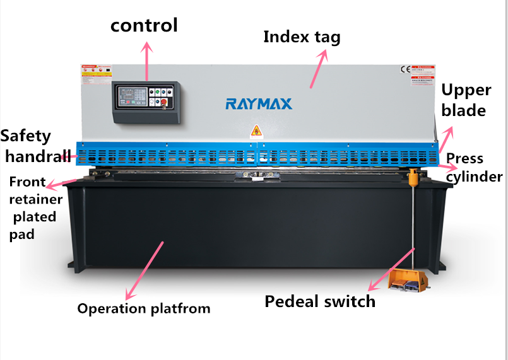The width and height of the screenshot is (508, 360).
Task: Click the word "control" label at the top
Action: point(144,25)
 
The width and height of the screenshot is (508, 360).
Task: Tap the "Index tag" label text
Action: point(302,37)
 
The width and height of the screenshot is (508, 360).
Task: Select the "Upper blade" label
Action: point(463,100)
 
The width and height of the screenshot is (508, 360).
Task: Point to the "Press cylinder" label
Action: point(473,167)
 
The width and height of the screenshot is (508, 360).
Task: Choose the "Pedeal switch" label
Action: point(319,301)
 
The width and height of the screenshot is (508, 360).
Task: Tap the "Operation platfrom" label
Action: point(144,308)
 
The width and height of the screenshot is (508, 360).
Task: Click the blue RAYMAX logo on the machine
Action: point(259,103)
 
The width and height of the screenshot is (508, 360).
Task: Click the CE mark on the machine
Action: point(405,70)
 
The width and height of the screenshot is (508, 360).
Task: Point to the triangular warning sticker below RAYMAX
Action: point(256,131)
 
